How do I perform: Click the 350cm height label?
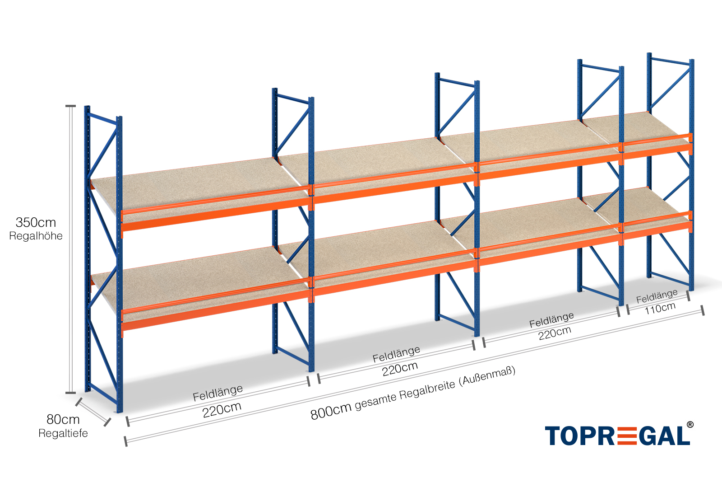pyautogui.click(x=36, y=222)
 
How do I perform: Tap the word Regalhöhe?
pyautogui.click(x=36, y=236)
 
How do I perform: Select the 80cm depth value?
pyautogui.click(x=63, y=419)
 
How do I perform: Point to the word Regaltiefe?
pyautogui.click(x=63, y=433)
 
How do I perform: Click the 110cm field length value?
pyautogui.click(x=660, y=309)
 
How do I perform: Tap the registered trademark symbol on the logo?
pyautogui.click(x=690, y=425)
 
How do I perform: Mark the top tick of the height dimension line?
pyautogui.click(x=70, y=107)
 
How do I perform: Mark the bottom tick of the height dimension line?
pyautogui.click(x=70, y=393)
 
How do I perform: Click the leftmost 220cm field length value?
pyautogui.click(x=222, y=410)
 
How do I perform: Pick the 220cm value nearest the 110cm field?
pyautogui.click(x=555, y=333)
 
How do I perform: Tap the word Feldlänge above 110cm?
pyautogui.click(x=657, y=296)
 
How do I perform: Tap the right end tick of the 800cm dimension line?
pyautogui.click(x=702, y=310)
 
